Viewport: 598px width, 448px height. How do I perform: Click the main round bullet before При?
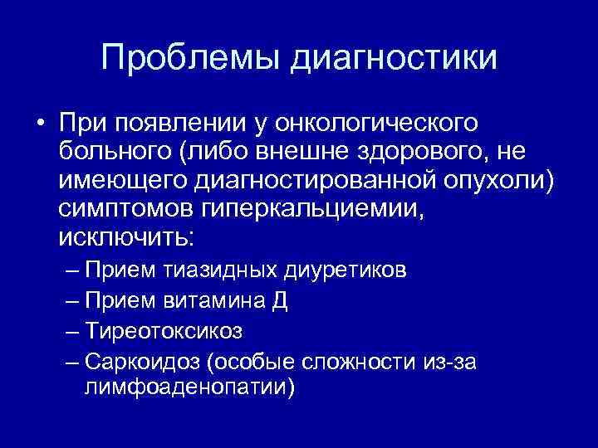coord(40,125)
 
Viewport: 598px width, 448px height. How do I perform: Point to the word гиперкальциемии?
coord(316,209)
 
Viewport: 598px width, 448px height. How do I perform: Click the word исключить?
coord(126,237)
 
